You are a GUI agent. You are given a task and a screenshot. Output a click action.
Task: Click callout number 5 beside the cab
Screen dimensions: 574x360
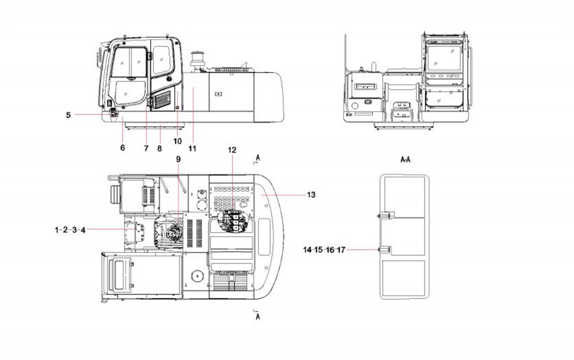(69, 115)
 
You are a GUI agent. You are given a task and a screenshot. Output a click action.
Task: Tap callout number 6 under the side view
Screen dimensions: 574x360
(123, 147)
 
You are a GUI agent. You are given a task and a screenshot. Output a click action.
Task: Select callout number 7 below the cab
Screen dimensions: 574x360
(146, 148)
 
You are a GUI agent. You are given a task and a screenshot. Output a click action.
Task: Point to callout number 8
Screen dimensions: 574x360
(159, 148)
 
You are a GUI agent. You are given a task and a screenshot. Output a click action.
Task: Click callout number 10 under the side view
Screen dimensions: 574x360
(178, 141)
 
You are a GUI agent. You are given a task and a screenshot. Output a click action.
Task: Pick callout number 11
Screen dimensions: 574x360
(192, 148)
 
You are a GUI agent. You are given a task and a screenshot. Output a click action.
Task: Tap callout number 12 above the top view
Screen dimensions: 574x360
(232, 150)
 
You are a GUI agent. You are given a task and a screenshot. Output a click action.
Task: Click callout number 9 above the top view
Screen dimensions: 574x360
(178, 159)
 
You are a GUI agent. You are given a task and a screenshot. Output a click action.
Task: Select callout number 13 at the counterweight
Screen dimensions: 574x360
(311, 195)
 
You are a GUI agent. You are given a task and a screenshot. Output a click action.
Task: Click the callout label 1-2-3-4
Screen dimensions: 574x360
(70, 230)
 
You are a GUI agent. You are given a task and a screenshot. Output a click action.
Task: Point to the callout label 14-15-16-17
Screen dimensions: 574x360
(324, 250)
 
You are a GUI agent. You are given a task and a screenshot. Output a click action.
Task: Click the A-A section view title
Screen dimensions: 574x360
(405, 159)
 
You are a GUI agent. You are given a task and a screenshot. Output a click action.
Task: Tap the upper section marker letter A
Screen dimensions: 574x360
(258, 158)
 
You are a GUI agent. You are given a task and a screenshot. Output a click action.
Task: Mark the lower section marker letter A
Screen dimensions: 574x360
(258, 317)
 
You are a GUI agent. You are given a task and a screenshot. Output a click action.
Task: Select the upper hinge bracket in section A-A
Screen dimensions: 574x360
(385, 216)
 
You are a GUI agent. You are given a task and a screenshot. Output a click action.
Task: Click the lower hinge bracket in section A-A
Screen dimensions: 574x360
(384, 250)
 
